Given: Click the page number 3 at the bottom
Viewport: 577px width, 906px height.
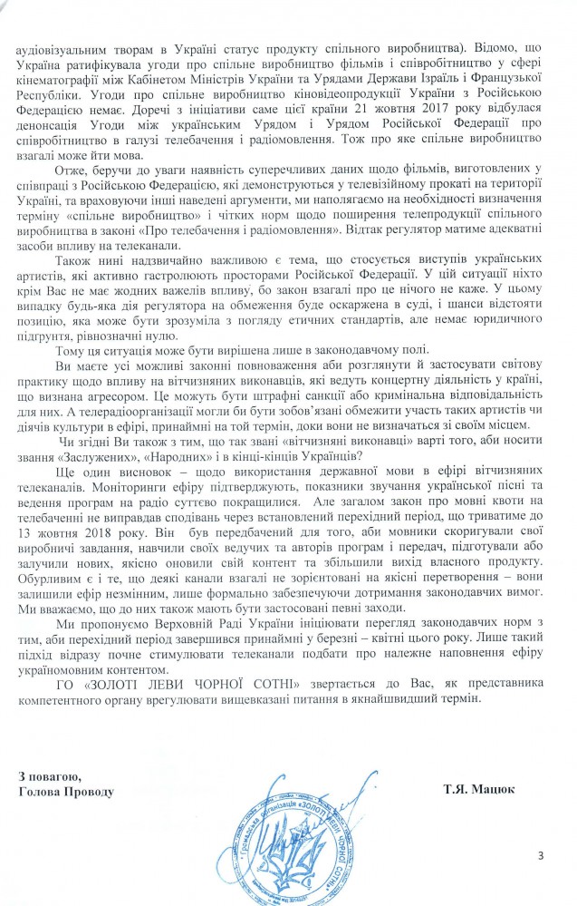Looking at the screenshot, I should tap(542, 854).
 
